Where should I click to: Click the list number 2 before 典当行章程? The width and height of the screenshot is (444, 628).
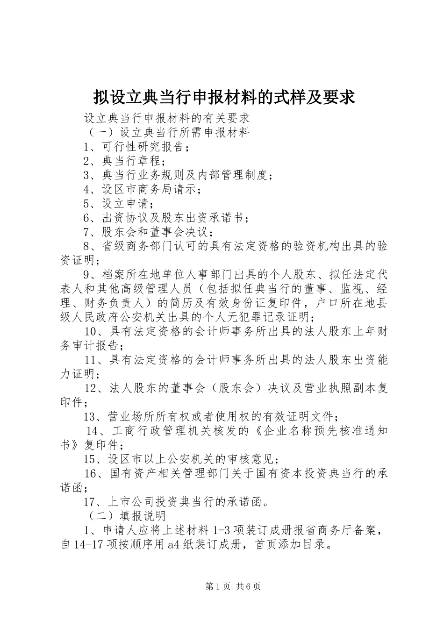click(87, 162)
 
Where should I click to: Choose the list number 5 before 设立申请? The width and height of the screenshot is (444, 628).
click(87, 204)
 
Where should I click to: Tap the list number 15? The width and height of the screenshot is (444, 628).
click(90, 458)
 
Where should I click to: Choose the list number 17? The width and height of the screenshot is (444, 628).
click(90, 502)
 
